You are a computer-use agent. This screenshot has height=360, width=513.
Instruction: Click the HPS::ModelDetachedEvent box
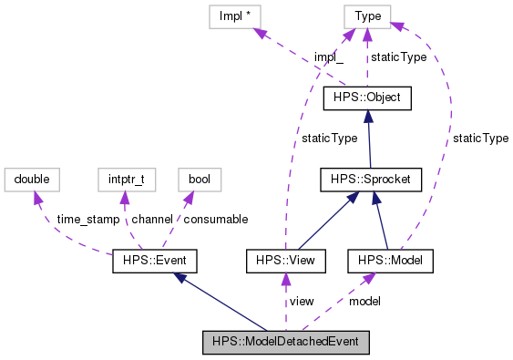point(285,343)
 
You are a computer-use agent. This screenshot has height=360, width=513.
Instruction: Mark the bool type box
point(199,180)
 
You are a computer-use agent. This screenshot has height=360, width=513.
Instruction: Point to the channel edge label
point(151,220)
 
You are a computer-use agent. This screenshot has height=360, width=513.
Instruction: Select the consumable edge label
point(216,220)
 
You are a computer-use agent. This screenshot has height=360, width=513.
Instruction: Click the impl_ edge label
point(328,57)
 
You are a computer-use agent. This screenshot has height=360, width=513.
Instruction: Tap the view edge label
point(302,301)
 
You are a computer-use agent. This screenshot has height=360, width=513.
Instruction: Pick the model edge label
point(364,301)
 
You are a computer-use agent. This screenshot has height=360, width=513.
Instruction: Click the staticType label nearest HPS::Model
point(480,139)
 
